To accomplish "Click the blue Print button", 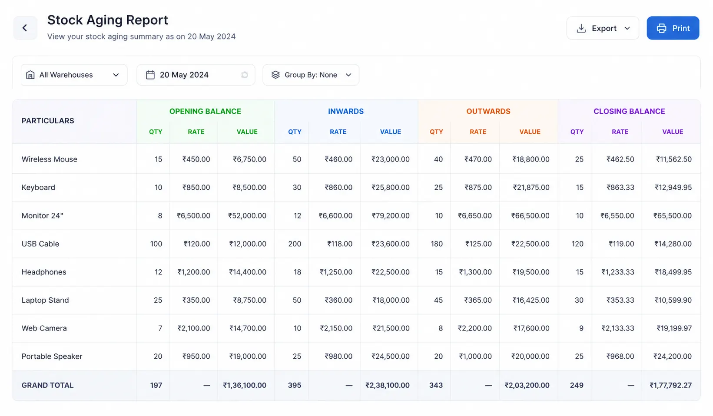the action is (673, 28).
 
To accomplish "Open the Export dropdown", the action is (603, 28).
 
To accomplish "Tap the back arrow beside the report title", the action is (25, 28).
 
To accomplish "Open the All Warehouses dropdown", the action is (74, 75).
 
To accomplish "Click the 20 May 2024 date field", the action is (196, 75).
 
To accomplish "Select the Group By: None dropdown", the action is (311, 75).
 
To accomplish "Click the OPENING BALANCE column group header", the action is (205, 111).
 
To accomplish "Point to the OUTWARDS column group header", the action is (488, 111).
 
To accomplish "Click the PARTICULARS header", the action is (48, 121).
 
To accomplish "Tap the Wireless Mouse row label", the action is (50, 159).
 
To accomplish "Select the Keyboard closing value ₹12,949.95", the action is (673, 187).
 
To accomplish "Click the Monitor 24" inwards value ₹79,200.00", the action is (391, 216).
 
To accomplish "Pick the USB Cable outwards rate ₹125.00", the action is (478, 244).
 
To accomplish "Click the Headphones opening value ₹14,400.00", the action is (248, 272).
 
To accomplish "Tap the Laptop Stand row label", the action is (45, 300).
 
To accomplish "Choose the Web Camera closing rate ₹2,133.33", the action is (617, 328).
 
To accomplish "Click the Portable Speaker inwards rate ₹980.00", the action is (338, 356).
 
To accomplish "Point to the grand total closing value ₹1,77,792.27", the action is (670, 386).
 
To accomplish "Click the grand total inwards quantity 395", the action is (295, 386).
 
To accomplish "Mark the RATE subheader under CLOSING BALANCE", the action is (620, 132).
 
